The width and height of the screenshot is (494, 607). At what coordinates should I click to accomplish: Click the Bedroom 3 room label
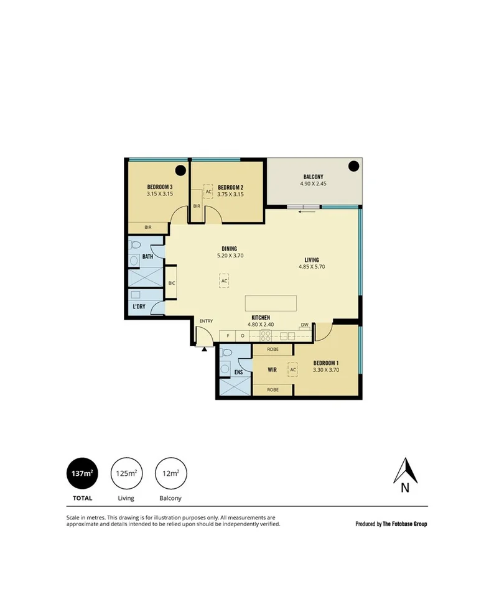(159, 187)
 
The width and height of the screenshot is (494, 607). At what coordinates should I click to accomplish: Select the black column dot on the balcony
(353, 166)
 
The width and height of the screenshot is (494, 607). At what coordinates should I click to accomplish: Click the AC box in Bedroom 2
(208, 192)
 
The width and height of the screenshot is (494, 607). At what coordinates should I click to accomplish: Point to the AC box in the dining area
(225, 280)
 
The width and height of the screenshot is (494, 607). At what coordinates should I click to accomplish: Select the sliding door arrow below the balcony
(304, 211)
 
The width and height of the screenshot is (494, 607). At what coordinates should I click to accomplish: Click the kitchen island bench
(271, 303)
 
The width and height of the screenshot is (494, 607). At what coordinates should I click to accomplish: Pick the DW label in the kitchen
(304, 325)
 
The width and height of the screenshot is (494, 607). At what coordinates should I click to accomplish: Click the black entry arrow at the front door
(204, 348)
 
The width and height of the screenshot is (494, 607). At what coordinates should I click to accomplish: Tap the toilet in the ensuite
(226, 353)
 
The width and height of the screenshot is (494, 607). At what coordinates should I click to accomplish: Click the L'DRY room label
(138, 307)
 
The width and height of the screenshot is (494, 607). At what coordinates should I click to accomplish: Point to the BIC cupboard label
(172, 283)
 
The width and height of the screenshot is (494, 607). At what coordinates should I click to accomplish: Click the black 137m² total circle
(82, 473)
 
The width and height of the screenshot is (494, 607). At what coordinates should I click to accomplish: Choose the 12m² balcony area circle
(170, 473)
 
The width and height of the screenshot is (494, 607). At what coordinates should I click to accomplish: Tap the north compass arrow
(405, 471)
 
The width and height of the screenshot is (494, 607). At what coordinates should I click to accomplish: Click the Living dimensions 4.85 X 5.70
(312, 267)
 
